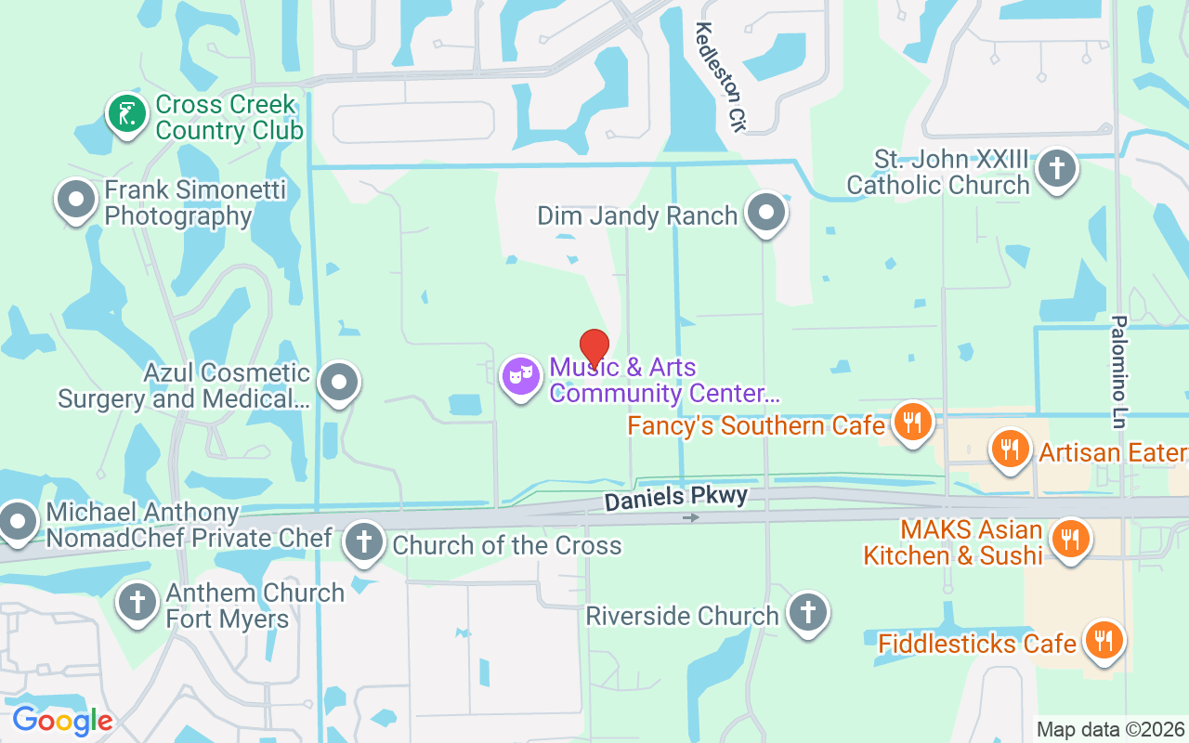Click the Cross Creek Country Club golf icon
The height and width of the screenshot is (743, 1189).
tap(127, 114)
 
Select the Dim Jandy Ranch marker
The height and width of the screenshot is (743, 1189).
tap(766, 212)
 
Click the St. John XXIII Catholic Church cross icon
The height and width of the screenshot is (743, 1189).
tap(1056, 169)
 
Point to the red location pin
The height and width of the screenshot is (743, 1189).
tap(594, 346)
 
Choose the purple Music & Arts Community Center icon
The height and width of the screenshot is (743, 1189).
tap(520, 376)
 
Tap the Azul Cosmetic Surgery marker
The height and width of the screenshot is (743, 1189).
tap(339, 382)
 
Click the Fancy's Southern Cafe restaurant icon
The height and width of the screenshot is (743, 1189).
tap(913, 423)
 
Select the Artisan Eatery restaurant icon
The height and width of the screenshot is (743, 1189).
tap(1011, 450)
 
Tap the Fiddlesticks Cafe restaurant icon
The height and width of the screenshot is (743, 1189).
tap(1104, 641)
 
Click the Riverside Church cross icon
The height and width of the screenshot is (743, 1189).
tap(807, 613)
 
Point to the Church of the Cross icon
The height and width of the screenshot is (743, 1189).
tap(363, 541)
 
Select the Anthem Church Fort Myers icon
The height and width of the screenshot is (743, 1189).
tap(137, 602)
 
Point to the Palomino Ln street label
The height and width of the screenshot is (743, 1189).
tap(1118, 371)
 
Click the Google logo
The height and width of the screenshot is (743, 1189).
tap(62, 720)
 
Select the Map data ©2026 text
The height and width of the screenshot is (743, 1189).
tap(1111, 729)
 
